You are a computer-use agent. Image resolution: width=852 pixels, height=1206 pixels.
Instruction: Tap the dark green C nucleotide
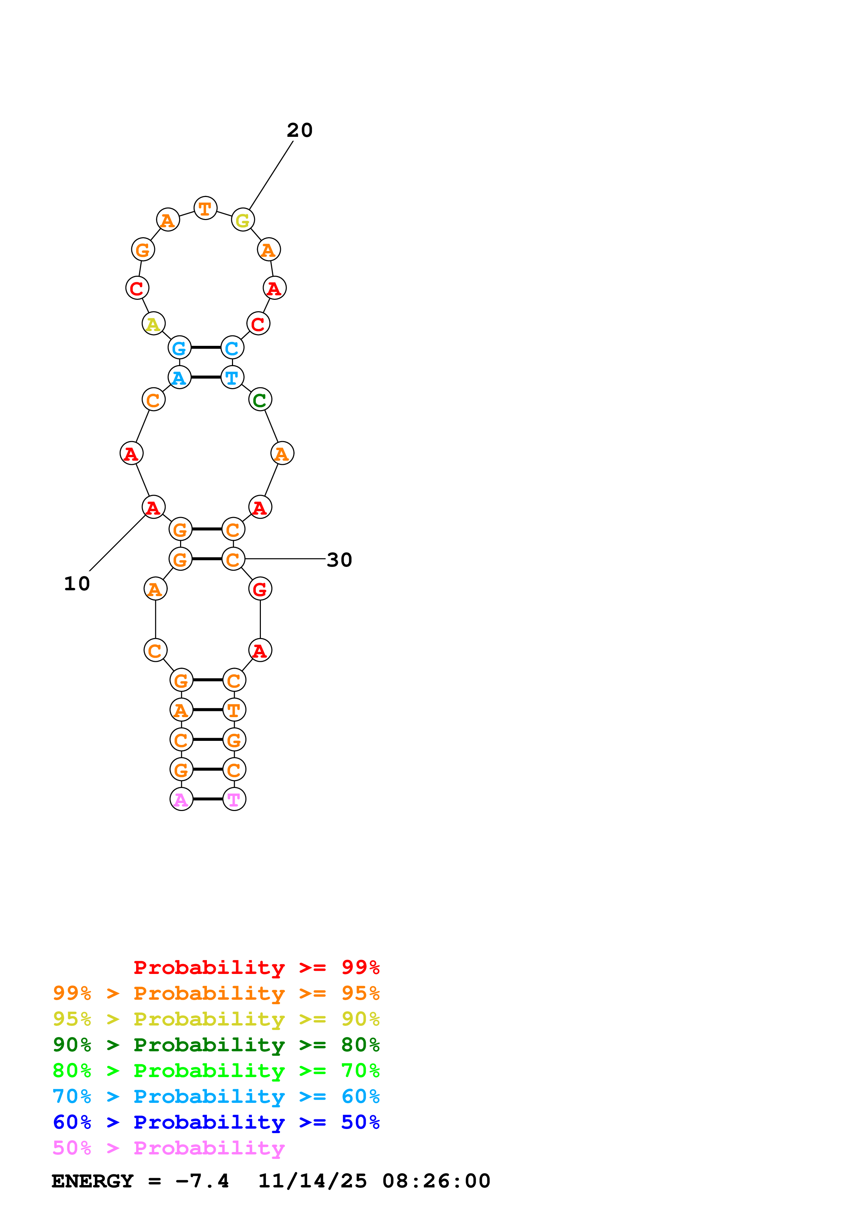pyautogui.click(x=260, y=400)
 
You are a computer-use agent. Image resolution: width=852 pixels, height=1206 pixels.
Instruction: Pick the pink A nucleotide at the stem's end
pyautogui.click(x=181, y=799)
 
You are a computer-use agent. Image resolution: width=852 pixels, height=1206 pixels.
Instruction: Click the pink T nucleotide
pyautogui.click(x=234, y=799)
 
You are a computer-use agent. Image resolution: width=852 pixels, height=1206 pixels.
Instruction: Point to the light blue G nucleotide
pyautogui.click(x=179, y=348)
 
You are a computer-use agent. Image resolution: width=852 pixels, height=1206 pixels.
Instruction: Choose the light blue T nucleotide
pyautogui.click(x=232, y=377)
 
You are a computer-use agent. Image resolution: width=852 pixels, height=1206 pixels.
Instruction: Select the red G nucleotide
pyautogui.click(x=260, y=589)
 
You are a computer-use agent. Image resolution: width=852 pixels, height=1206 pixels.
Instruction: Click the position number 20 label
pyautogui.click(x=300, y=130)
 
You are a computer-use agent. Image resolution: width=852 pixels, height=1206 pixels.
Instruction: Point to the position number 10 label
pyautogui.click(x=77, y=583)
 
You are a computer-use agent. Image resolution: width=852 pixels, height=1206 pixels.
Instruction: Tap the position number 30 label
pyautogui.click(x=339, y=560)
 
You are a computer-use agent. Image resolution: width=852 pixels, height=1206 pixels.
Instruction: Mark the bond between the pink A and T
pyautogui.click(x=208, y=799)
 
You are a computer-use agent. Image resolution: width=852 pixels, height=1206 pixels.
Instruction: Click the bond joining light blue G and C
pyautogui.click(x=206, y=348)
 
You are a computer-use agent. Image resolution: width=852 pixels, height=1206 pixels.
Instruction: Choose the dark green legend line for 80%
pyautogui.click(x=216, y=1045)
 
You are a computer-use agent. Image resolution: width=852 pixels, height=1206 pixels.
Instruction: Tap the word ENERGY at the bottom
pyautogui.click(x=92, y=1181)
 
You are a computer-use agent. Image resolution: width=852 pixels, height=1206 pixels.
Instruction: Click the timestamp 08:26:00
pyautogui.click(x=436, y=1181)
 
